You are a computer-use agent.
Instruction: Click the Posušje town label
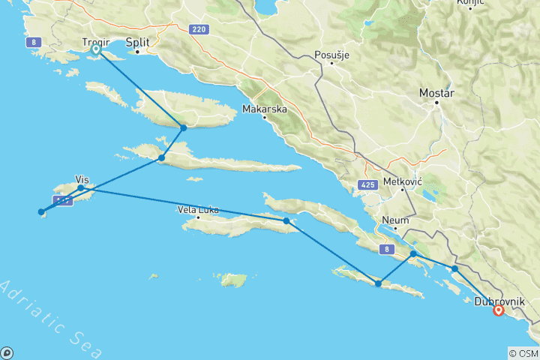(x=331, y=53)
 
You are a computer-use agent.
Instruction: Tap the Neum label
(x=395, y=220)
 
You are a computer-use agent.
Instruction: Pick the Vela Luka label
(x=199, y=209)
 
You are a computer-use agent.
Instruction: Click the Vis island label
(x=82, y=179)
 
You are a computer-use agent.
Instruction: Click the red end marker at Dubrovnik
(x=498, y=310)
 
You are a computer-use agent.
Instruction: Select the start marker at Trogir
(x=96, y=49)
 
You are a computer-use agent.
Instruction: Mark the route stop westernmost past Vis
(x=41, y=211)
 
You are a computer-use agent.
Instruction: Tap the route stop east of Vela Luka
(x=286, y=220)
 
